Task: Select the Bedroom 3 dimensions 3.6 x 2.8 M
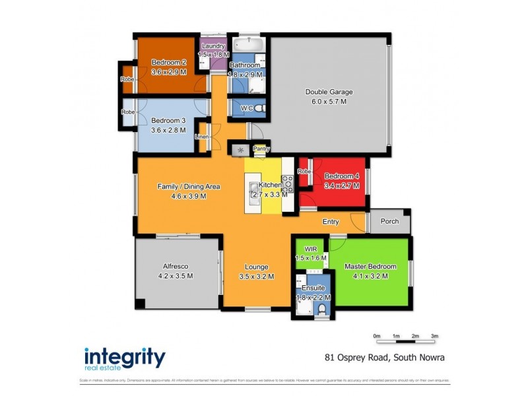point(169,130)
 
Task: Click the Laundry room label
point(214,46)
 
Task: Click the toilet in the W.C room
point(259,108)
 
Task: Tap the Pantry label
point(261,149)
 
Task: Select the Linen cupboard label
point(202,137)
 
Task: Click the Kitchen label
point(270,185)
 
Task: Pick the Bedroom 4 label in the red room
point(341,176)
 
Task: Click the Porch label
point(389,221)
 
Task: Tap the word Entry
point(331,222)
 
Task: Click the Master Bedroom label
point(370,267)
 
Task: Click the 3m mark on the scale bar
point(435,337)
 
